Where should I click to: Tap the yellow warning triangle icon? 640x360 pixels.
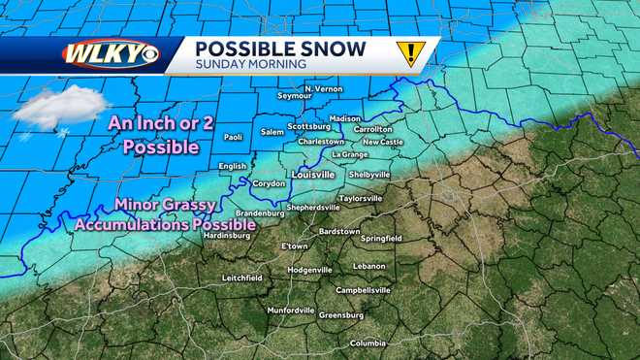pyautogui.click(x=410, y=53)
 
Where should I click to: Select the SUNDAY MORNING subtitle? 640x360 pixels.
pyautogui.click(x=250, y=64)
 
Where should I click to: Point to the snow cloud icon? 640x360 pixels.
pyautogui.click(x=60, y=108)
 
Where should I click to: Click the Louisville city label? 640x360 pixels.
pyautogui.click(x=313, y=175)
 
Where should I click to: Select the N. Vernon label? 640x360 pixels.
pyautogui.click(x=323, y=89)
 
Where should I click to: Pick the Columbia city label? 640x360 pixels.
pyautogui.click(x=368, y=343)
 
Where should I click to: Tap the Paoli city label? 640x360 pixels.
pyautogui.click(x=233, y=138)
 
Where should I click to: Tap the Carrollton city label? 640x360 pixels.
pyautogui.click(x=373, y=128)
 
